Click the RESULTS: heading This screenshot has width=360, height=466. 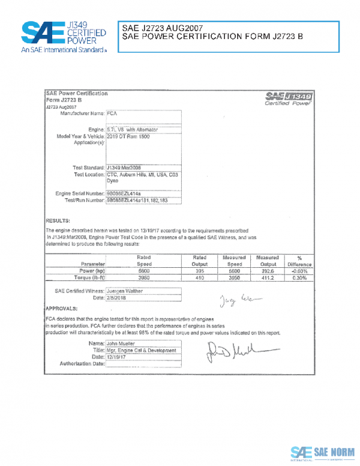point(58,220)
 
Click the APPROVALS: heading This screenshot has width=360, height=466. point(62,307)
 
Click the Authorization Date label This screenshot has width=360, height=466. point(82,363)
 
